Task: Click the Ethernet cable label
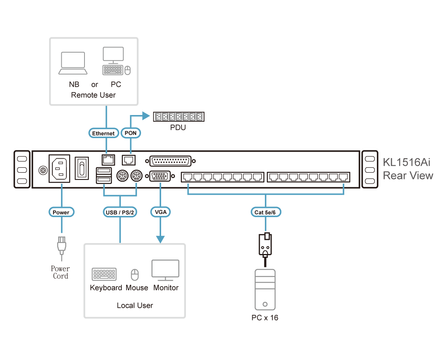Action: click(103, 133)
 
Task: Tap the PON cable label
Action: click(130, 133)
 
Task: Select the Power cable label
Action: click(61, 212)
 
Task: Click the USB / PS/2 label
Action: click(120, 212)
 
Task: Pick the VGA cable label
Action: click(161, 212)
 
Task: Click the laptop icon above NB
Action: click(73, 63)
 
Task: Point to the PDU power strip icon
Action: click(178, 117)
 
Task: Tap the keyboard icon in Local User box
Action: click(104, 274)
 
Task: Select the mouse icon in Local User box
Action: click(135, 275)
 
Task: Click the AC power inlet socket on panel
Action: click(59, 169)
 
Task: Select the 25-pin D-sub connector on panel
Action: click(171, 161)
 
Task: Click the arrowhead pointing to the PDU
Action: click(147, 116)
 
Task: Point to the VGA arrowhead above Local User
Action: click(161, 239)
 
